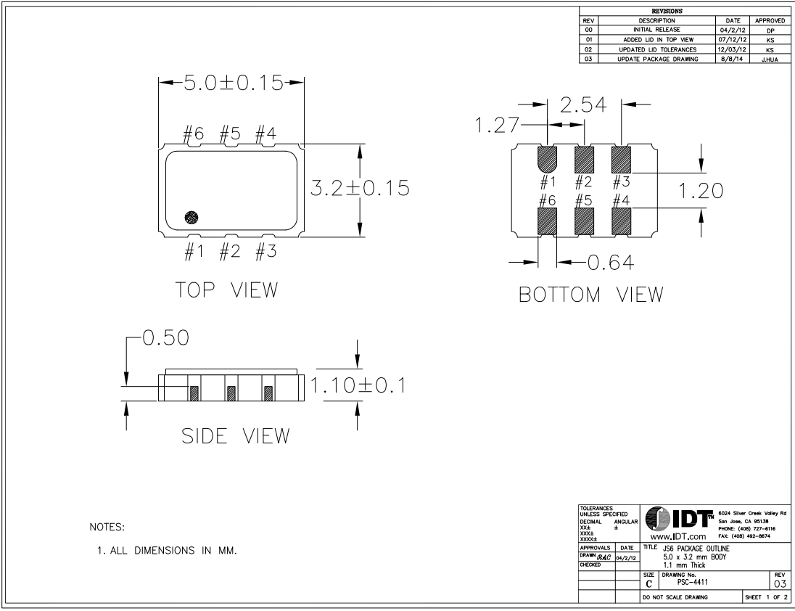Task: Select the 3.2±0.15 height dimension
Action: click(x=358, y=188)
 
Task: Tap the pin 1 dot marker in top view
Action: click(x=191, y=217)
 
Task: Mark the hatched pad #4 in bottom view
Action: click(x=622, y=220)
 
